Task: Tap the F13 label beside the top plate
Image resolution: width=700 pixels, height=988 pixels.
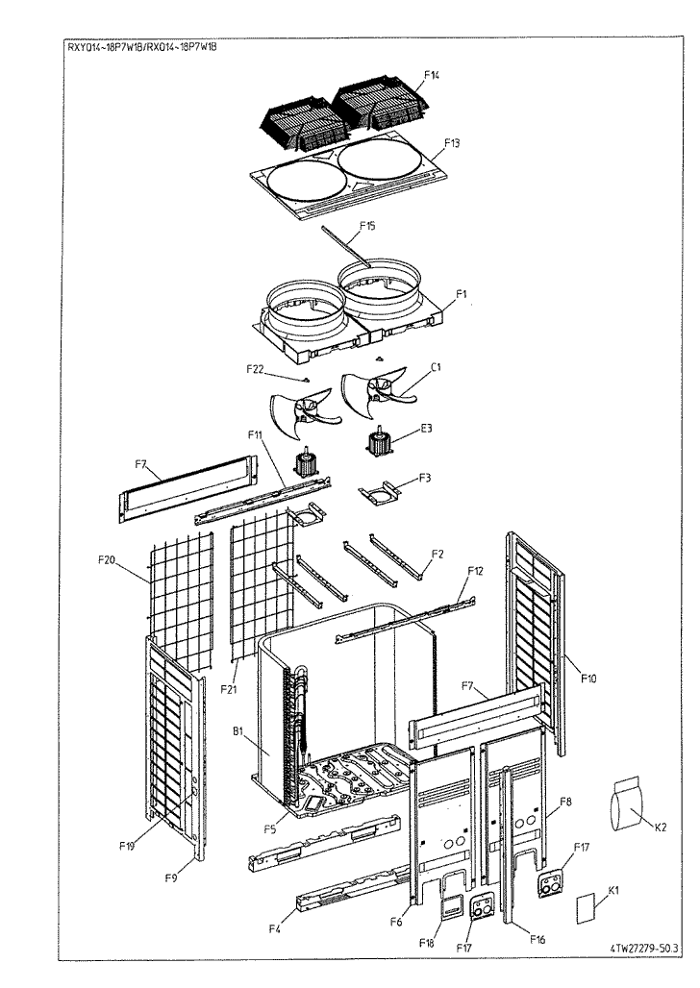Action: click(453, 141)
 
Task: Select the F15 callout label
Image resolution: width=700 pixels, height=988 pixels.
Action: click(367, 227)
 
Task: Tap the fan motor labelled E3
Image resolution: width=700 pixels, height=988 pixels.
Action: click(383, 444)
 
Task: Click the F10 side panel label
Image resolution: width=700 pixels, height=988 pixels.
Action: click(587, 679)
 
